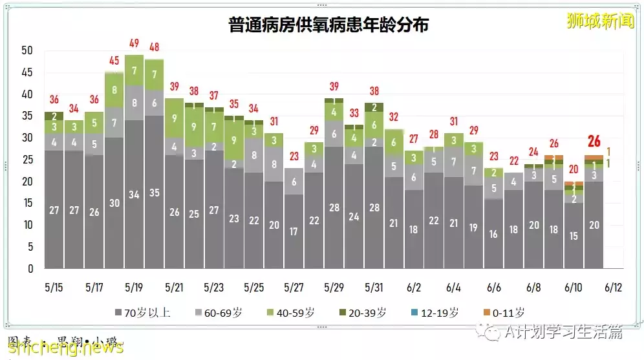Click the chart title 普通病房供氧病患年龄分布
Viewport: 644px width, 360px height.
pyautogui.click(x=328, y=25)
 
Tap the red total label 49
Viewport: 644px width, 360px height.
pyautogui.click(x=134, y=43)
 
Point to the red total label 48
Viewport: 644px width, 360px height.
pyautogui.click(x=154, y=47)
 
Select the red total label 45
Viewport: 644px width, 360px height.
pyautogui.click(x=114, y=61)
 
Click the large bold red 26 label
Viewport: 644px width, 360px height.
pyautogui.click(x=594, y=142)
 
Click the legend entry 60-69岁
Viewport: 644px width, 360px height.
pyautogui.click(x=220, y=313)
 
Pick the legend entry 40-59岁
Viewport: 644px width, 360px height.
pyautogui.click(x=292, y=313)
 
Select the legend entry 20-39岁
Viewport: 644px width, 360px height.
pyautogui.click(x=364, y=313)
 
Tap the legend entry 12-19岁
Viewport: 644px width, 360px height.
pyautogui.click(x=436, y=313)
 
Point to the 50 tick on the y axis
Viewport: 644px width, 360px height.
pyautogui.click(x=27, y=50)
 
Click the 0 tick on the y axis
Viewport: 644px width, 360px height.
pyautogui.click(x=30, y=269)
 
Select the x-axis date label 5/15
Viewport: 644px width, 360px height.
pyautogui.click(x=54, y=286)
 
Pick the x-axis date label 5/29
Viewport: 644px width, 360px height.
pyautogui.click(x=334, y=286)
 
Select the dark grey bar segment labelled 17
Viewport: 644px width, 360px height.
pyautogui.click(x=294, y=231)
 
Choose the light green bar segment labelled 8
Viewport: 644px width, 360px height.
pyautogui.click(x=114, y=91)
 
